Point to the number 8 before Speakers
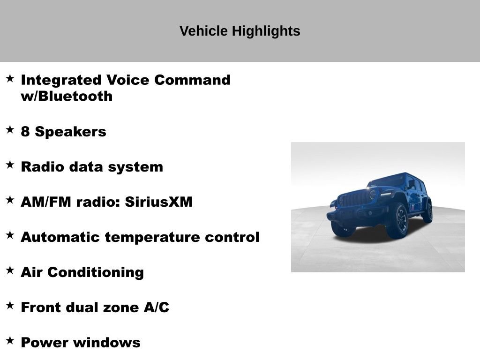[25, 132]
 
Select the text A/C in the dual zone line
[156, 307]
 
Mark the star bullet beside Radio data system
[10, 165]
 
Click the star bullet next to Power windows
[10, 340]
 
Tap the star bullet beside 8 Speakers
[10, 129]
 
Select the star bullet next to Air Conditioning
[10, 270]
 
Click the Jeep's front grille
[354, 199]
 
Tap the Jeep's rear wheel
[427, 212]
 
